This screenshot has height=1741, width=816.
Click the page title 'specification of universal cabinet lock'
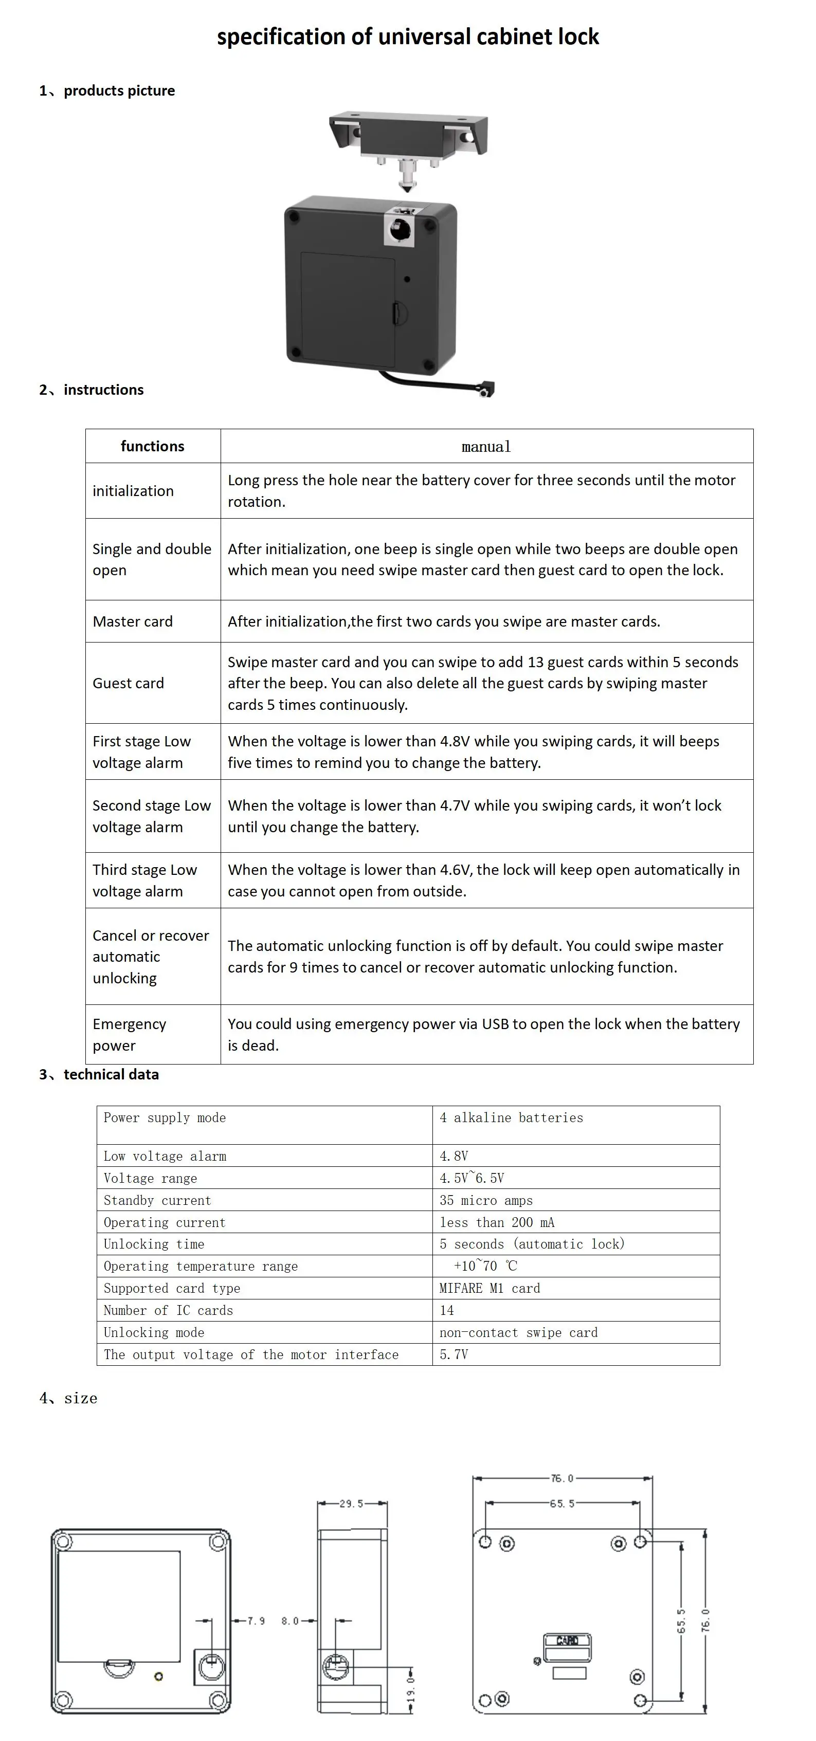tap(408, 36)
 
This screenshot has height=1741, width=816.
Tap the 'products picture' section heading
tap(119, 90)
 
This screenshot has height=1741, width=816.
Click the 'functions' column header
tap(152, 446)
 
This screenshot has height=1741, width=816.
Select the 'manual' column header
tap(486, 447)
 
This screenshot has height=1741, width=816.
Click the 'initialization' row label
tap(133, 491)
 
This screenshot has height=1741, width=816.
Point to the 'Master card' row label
tap(133, 622)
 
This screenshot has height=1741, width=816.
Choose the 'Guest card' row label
tap(129, 683)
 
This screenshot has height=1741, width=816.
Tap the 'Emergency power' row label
tap(129, 1035)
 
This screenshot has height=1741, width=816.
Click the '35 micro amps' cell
tap(486, 1200)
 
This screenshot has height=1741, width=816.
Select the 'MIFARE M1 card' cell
tap(489, 1288)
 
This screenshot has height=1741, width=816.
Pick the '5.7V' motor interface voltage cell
tap(454, 1354)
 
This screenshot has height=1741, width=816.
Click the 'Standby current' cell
tap(157, 1200)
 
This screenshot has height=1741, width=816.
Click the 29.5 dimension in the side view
tap(352, 1504)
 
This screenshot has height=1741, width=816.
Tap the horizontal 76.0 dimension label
tap(562, 1478)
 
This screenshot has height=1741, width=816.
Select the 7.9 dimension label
tap(256, 1621)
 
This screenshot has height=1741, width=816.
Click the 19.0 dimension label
tap(410, 1688)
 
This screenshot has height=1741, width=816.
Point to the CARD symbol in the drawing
tap(567, 1640)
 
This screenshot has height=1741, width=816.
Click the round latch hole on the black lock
tap(400, 230)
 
